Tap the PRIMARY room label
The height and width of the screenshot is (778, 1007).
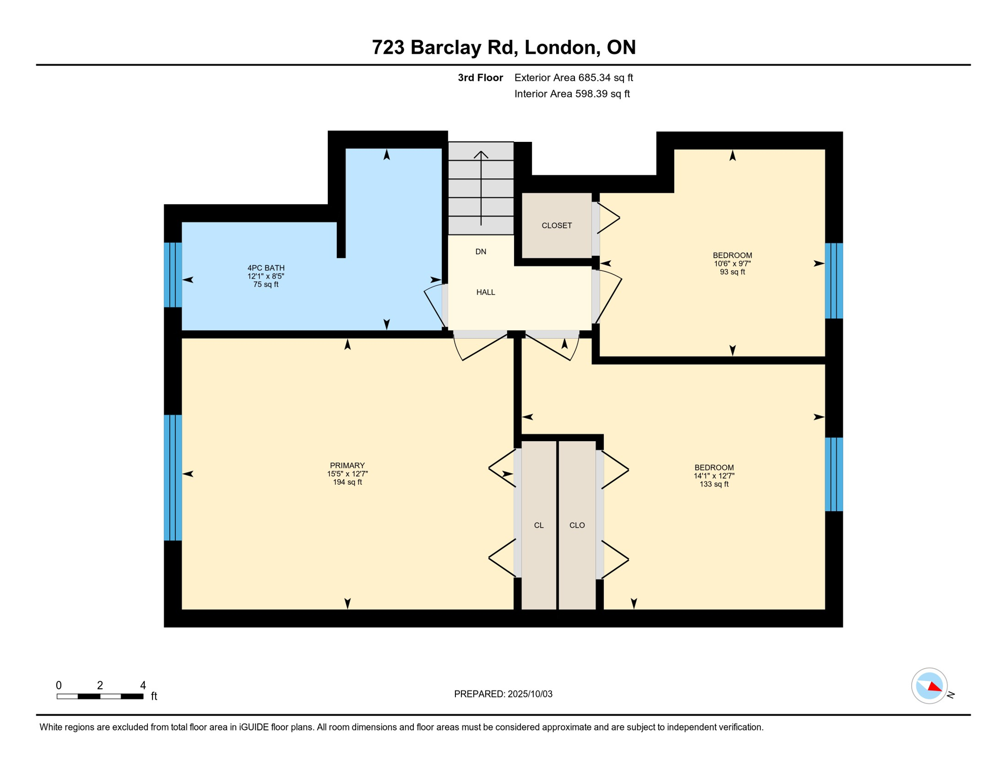[x=347, y=465]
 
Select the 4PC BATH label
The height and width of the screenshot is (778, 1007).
[x=266, y=268]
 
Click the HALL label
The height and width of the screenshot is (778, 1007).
[x=485, y=292]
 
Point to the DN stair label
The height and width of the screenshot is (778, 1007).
[x=481, y=252]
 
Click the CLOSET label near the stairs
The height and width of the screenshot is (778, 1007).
[x=557, y=225]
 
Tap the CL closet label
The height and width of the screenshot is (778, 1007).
[x=538, y=525]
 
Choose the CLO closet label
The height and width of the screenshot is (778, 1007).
[x=577, y=525]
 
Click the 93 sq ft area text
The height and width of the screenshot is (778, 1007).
[x=732, y=272]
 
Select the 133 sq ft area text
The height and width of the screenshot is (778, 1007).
[x=714, y=484]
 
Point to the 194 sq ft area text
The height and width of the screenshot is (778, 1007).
[x=347, y=482]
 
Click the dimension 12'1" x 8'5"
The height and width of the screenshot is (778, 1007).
[x=266, y=276]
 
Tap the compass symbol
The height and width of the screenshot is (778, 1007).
[x=929, y=686]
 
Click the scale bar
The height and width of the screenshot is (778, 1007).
[x=100, y=696]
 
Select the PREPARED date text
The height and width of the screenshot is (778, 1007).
[x=503, y=694]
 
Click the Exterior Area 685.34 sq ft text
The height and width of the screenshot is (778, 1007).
[x=573, y=77]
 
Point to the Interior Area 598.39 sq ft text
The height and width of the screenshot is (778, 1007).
[x=572, y=94]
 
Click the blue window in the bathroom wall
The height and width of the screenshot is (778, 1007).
[x=173, y=275]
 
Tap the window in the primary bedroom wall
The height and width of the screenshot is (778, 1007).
[x=173, y=478]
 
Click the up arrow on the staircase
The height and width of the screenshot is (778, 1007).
[x=481, y=188]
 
